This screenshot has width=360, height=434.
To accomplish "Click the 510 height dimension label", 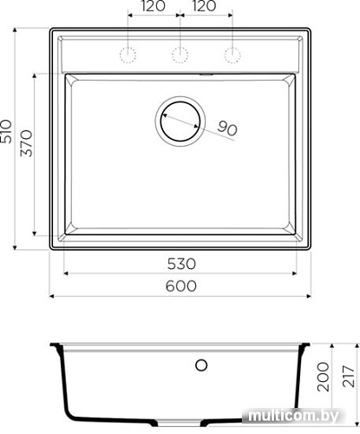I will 10,131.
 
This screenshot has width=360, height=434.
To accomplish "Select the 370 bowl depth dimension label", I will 27,144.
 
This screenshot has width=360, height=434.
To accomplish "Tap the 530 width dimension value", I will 180,264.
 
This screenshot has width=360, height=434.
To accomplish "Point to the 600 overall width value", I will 180,286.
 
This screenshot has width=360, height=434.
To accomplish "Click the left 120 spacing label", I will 154,6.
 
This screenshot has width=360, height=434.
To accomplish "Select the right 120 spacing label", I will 205,6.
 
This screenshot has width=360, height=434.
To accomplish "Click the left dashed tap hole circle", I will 128,55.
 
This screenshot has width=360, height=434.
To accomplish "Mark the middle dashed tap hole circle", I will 180,55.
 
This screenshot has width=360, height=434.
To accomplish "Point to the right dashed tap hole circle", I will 232,55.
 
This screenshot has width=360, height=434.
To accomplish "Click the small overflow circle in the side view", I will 201,365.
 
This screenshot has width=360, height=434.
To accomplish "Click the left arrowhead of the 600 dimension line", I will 52,296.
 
